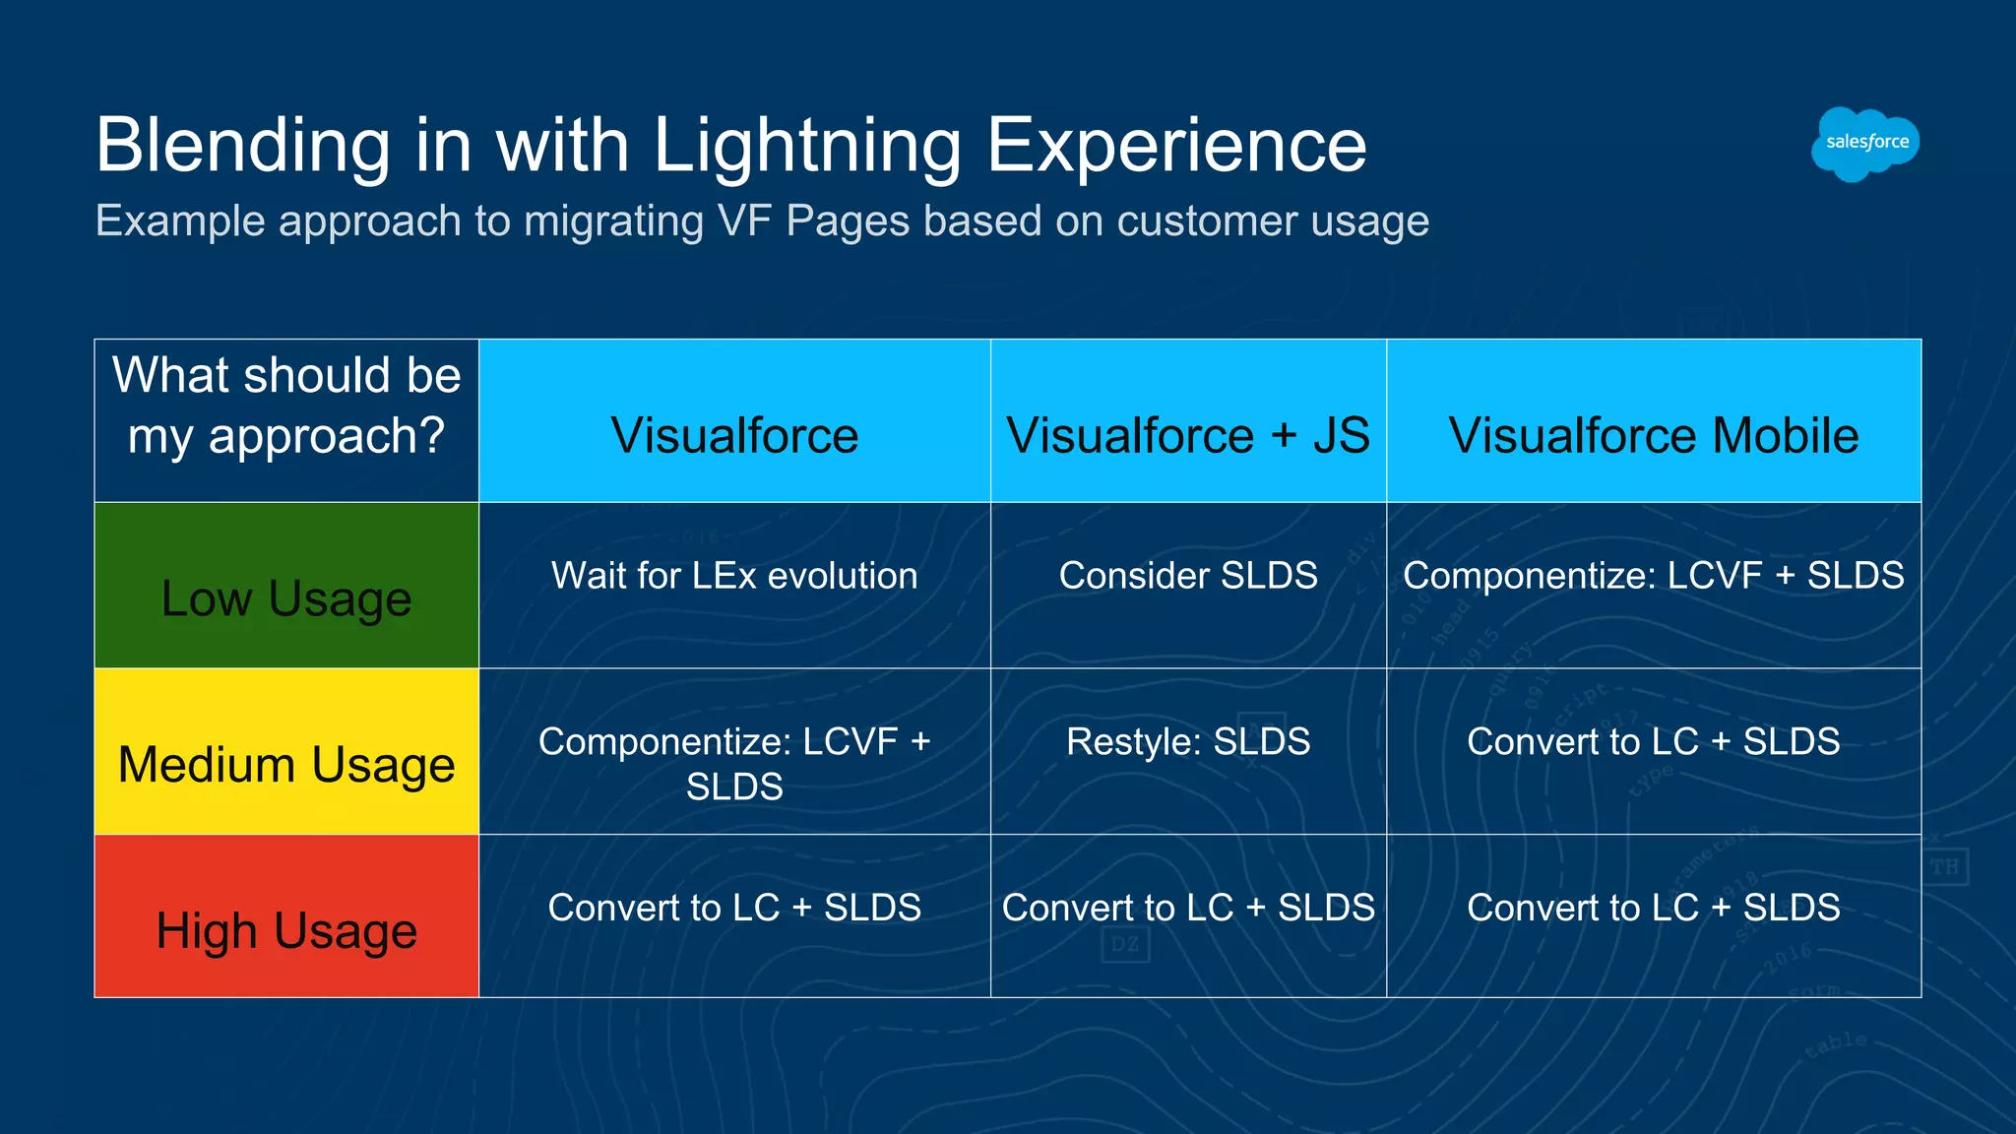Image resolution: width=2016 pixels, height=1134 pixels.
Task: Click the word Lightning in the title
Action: coord(806,146)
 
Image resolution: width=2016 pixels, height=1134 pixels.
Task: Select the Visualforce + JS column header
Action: coord(1187,435)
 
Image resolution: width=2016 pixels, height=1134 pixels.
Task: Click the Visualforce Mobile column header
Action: coord(1653,435)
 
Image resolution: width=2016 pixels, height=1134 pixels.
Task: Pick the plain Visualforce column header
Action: coord(734,435)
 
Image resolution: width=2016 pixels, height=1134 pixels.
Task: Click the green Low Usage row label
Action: coord(286,598)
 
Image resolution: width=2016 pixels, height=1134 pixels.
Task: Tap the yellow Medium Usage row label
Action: coord(286,764)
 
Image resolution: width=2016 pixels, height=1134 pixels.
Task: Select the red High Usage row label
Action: coord(286,929)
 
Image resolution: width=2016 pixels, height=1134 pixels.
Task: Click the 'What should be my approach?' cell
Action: coord(286,406)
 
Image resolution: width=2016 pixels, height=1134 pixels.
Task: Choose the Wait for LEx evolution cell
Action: coord(734,576)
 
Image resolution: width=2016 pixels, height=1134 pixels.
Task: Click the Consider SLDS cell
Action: coord(1187,576)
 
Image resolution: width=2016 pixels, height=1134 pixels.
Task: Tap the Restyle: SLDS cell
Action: coord(1187,741)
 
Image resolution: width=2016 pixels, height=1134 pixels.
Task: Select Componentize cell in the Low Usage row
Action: coord(1653,576)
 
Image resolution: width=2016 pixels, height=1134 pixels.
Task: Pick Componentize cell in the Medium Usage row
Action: coord(734,763)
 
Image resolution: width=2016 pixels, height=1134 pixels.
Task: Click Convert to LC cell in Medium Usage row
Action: coord(1653,741)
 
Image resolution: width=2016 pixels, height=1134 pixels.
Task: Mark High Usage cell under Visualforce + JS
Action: coord(1187,908)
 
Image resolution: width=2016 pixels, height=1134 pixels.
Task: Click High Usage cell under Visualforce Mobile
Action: coord(1653,908)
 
